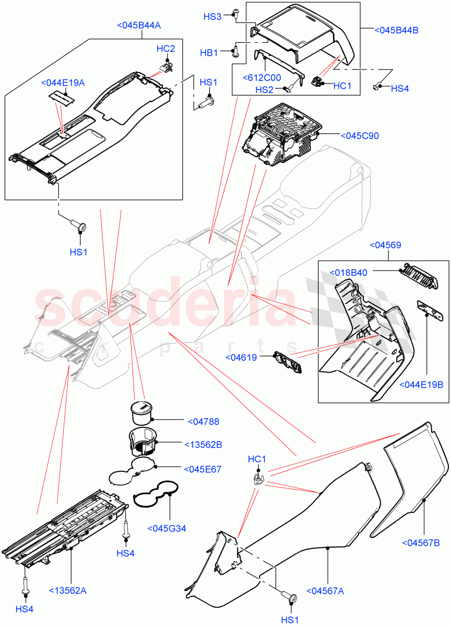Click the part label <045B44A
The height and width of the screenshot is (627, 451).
139,25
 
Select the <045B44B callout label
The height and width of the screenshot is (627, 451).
397,30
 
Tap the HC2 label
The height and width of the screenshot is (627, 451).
165,49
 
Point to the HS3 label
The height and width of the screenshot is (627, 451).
212,17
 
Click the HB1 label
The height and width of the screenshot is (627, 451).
209,53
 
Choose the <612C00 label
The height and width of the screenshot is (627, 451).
262,77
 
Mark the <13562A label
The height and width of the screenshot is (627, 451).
68,590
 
